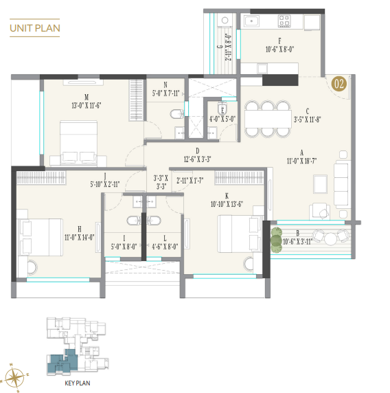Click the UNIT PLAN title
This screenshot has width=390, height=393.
point(34,28)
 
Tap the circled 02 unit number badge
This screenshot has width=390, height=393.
point(338,85)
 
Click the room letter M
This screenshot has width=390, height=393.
point(86,96)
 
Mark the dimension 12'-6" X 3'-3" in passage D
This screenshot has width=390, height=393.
point(196,159)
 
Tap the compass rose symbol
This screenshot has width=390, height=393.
point(15,376)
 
